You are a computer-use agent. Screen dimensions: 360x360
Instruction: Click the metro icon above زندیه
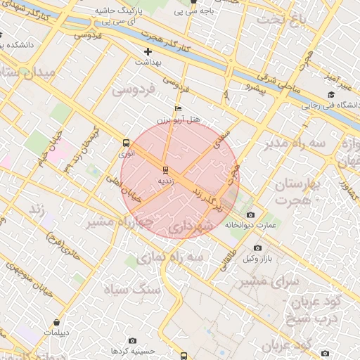point(165,169)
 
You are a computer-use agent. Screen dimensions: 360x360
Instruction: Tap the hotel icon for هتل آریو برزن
point(178,109)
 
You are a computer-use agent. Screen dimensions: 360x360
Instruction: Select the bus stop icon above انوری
point(126,142)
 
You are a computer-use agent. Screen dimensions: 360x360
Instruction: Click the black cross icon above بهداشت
point(148,52)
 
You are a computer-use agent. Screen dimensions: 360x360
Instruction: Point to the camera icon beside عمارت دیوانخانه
point(251,214)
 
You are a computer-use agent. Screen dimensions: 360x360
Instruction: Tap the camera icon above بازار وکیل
point(257,248)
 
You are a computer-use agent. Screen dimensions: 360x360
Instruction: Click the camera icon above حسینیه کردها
point(133,340)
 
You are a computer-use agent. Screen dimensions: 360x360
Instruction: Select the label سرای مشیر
point(268,281)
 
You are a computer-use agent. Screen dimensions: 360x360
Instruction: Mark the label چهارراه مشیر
point(120,222)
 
